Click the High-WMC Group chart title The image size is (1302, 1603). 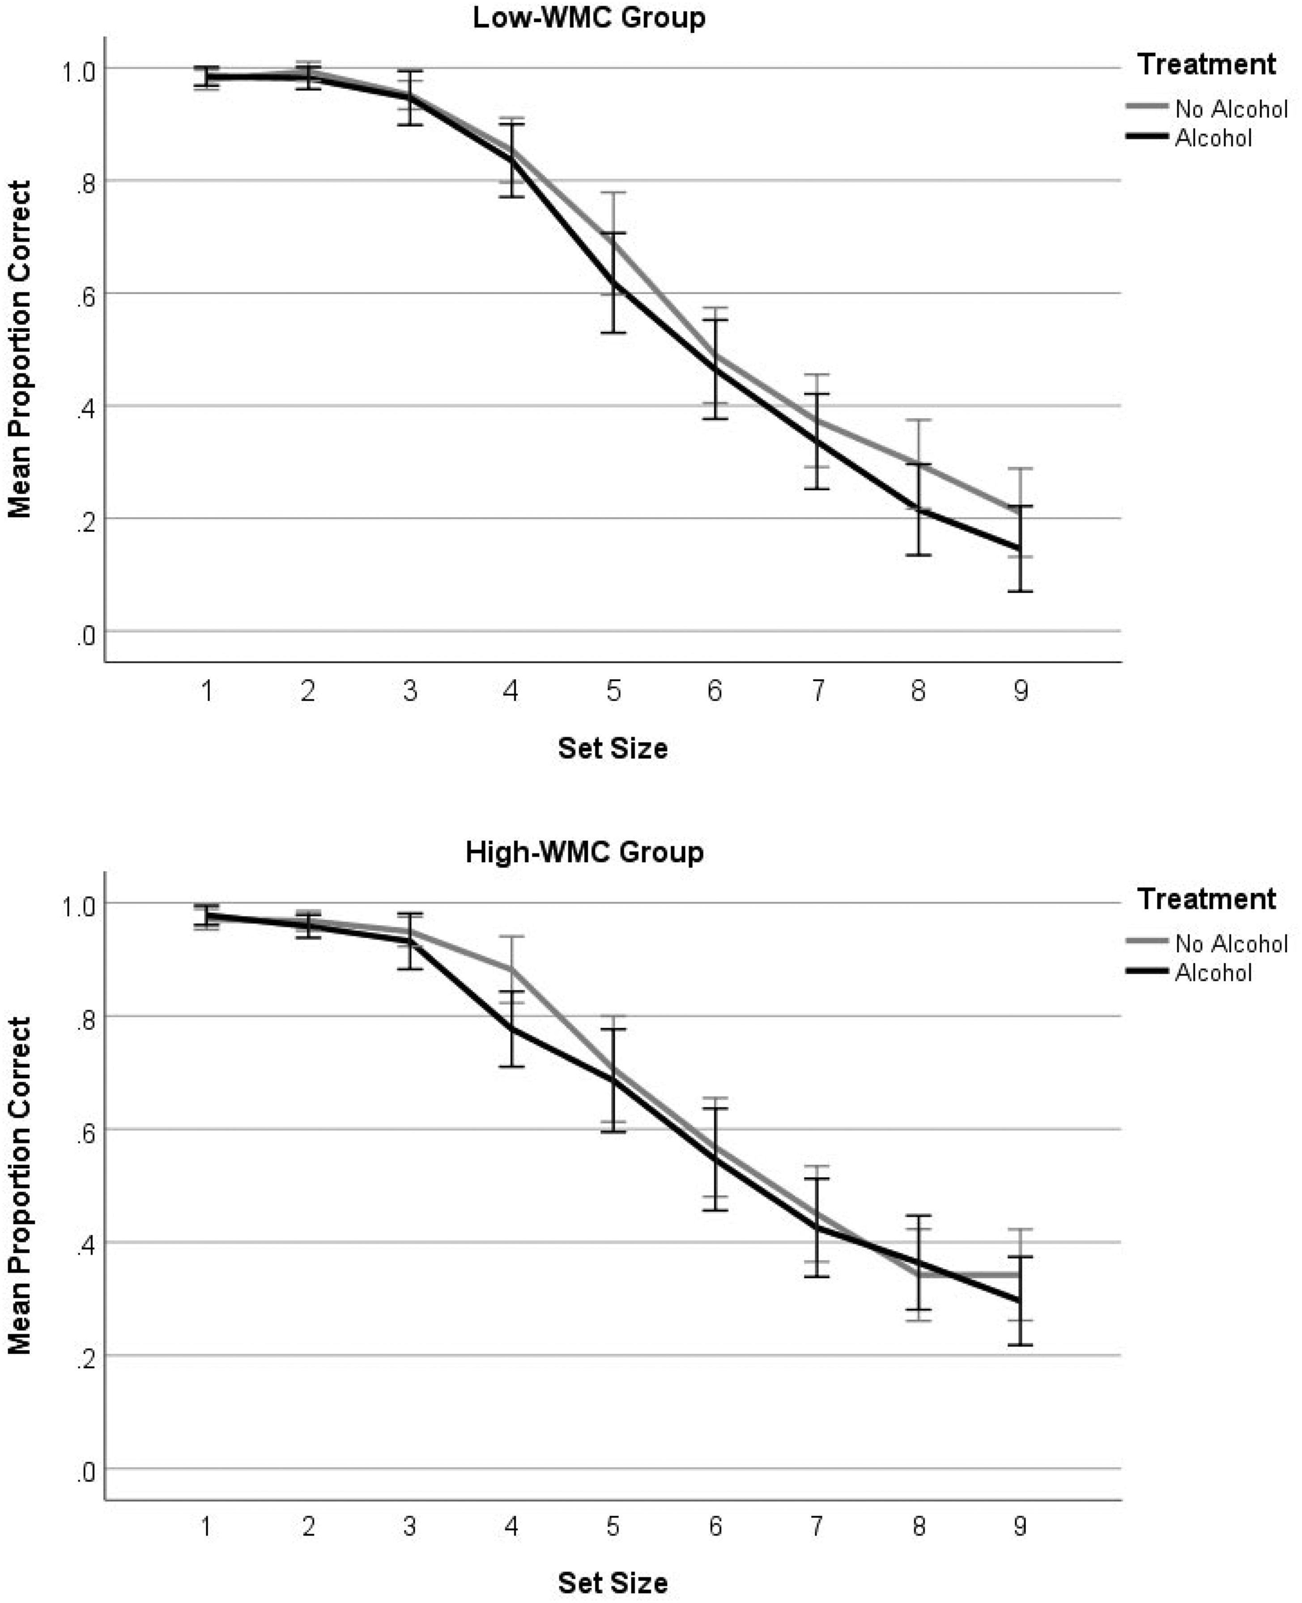click(x=585, y=852)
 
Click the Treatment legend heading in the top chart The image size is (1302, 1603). click(x=1207, y=64)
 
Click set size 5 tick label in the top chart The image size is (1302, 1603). click(x=613, y=690)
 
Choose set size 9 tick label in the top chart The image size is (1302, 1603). click(x=1020, y=690)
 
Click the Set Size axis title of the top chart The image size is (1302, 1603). click(x=613, y=748)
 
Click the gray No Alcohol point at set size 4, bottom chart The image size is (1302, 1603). click(x=511, y=969)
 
